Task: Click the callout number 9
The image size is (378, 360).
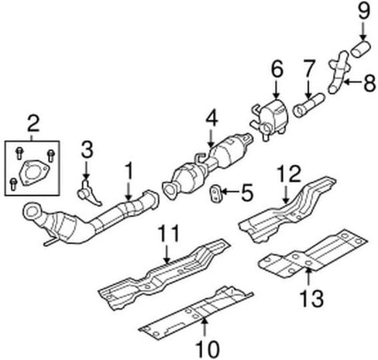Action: (x=364, y=11)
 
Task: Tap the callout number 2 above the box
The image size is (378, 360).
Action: (x=33, y=124)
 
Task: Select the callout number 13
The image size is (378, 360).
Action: (x=311, y=298)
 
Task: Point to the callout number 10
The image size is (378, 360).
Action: (x=208, y=349)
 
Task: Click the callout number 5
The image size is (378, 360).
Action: (x=246, y=192)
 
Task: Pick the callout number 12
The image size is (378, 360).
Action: (x=289, y=174)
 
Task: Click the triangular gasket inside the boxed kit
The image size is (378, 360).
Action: (x=34, y=173)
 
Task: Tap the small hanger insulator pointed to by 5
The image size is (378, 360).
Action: (x=215, y=194)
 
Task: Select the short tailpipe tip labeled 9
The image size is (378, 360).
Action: (x=361, y=49)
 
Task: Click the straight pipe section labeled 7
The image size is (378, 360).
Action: (x=309, y=105)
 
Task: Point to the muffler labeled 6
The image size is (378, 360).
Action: (x=270, y=119)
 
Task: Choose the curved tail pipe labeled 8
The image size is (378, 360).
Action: (x=339, y=72)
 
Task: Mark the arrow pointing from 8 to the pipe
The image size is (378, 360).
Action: (x=353, y=82)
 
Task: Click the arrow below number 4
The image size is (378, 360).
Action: (x=211, y=138)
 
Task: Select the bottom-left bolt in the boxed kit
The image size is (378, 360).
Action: (x=13, y=184)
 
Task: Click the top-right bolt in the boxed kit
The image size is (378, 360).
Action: (x=51, y=156)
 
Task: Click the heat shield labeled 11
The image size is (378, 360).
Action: (x=163, y=274)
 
